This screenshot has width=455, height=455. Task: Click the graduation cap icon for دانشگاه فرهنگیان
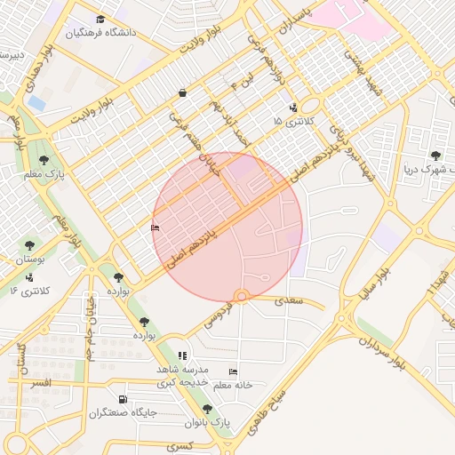pos(100,20)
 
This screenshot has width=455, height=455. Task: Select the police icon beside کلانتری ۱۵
pos(294,108)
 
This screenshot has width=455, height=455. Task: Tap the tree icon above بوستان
pos(29,244)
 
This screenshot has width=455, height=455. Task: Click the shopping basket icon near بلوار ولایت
pos(182,92)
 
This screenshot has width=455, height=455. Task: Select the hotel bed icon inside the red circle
pos(156,228)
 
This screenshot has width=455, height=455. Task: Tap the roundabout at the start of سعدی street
pos(240,297)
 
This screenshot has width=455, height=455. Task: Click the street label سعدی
pos(288,303)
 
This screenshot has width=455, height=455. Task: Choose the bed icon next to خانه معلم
pos(233,371)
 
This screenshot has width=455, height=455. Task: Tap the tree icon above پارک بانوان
pos(207,410)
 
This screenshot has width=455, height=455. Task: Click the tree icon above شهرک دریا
pos(435,156)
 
